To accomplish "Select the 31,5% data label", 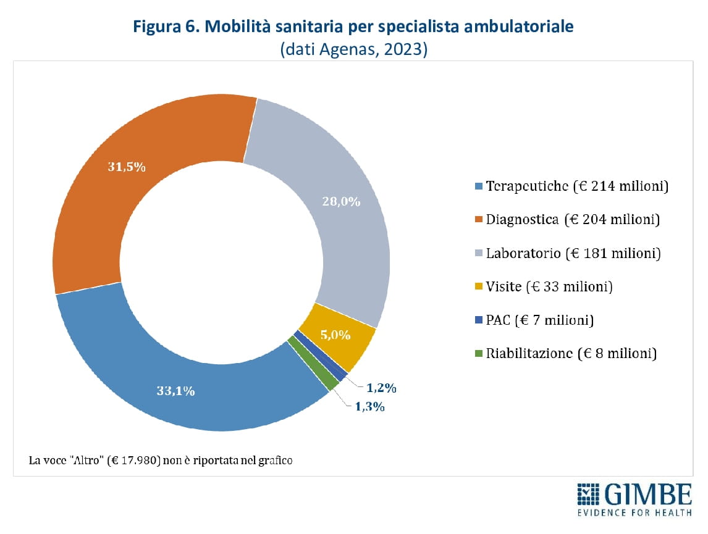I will [127, 167].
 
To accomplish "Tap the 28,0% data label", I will [341, 201].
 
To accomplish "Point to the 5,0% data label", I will [336, 336].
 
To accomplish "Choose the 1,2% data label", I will [381, 388].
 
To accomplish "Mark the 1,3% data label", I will [370, 407].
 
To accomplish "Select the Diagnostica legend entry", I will [568, 219].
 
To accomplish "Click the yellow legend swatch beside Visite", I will [479, 287].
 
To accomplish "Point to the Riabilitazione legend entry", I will [566, 354].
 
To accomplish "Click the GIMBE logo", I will [634, 499].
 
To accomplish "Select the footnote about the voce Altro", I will [161, 460].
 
